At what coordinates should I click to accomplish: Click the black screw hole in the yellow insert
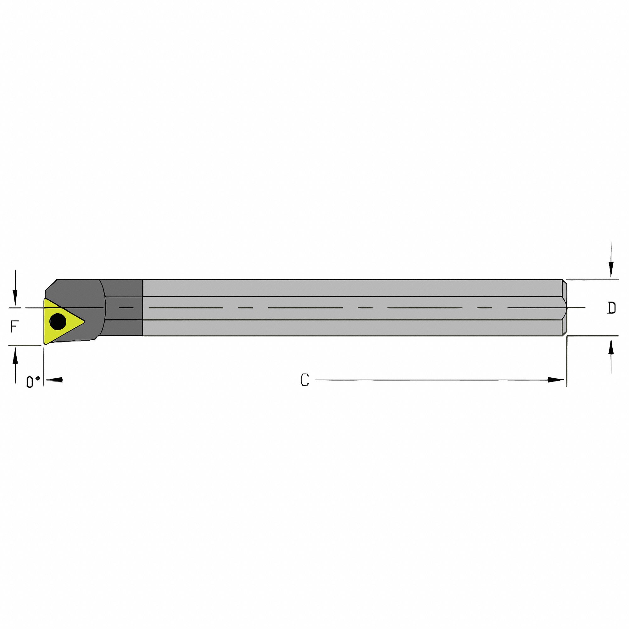click(58, 322)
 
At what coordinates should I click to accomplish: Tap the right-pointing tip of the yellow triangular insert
click(83, 322)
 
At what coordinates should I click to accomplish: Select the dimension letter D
click(612, 308)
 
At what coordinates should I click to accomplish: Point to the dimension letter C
click(305, 380)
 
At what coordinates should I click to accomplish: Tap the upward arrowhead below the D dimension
click(611, 346)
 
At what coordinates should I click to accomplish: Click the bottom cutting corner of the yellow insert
click(45, 343)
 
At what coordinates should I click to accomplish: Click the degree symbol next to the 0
click(38, 378)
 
